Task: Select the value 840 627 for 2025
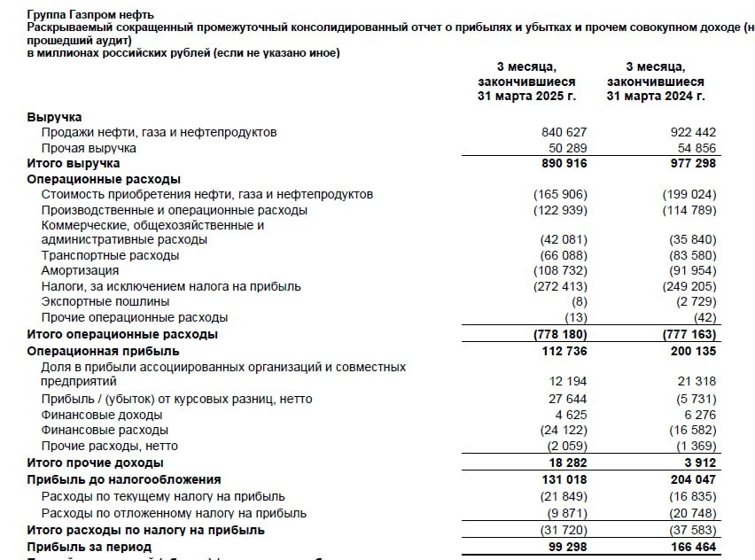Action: click(564, 132)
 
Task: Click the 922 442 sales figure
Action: click(693, 132)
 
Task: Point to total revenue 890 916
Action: click(564, 164)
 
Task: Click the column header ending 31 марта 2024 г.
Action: click(656, 96)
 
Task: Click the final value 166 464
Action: click(693, 547)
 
